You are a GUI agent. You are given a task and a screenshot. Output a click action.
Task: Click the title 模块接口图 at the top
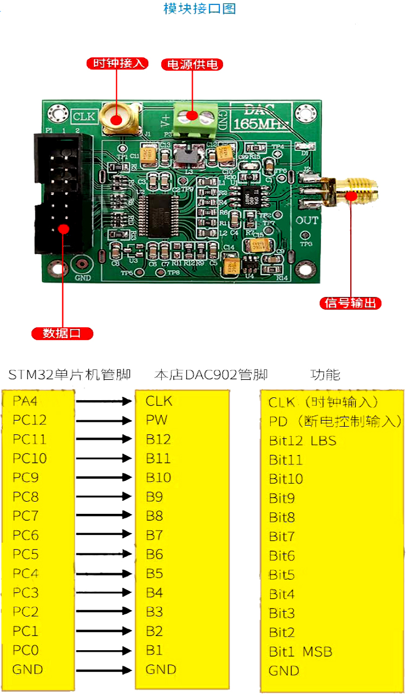200,9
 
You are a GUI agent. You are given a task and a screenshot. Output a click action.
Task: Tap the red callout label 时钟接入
117,63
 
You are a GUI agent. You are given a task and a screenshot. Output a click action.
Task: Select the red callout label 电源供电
192,65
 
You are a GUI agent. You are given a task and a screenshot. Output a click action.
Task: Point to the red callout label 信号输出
351,303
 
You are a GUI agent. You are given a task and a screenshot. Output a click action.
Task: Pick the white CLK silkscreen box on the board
83,116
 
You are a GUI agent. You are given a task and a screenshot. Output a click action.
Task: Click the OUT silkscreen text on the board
307,221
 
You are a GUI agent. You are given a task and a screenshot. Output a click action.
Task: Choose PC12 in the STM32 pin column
30,420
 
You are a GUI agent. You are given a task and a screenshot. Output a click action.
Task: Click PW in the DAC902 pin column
156,420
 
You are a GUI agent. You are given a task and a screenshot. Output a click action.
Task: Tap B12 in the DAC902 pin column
158,439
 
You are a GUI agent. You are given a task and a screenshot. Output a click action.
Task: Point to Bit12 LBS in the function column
303,441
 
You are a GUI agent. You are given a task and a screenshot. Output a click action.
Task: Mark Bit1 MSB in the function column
300,651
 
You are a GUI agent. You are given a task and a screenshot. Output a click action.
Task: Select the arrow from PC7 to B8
104,516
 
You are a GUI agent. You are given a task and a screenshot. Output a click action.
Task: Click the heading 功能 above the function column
325,375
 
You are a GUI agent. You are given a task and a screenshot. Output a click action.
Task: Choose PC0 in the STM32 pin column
26,650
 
